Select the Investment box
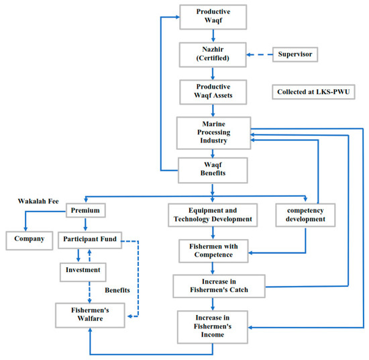tap(85, 269)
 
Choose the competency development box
tap(305, 214)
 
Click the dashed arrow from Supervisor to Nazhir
tap(256, 54)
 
